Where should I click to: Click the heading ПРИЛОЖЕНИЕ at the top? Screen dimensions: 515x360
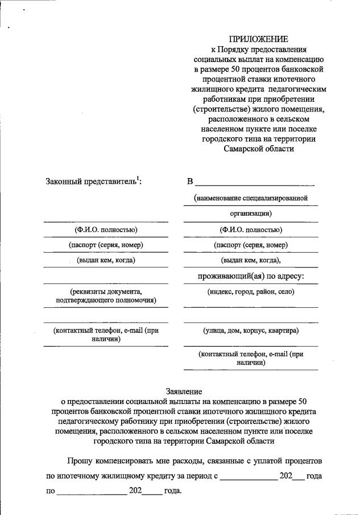click(258, 39)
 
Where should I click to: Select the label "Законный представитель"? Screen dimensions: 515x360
click(93, 182)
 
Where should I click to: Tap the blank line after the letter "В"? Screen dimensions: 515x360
click(254, 184)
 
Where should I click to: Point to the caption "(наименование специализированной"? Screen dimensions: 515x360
click(250, 198)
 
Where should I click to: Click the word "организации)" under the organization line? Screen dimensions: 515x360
click(251, 213)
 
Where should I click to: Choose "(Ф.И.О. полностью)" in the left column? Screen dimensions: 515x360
click(106, 230)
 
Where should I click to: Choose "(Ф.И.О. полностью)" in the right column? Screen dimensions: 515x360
click(251, 230)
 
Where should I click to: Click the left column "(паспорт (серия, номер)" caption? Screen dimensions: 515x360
click(106, 245)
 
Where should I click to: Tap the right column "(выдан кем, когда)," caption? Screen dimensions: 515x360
click(251, 260)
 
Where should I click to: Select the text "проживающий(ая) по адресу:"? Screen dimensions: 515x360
click(251, 276)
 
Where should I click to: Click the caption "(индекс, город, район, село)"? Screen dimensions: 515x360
click(251, 291)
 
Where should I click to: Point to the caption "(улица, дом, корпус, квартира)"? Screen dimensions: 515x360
click(251, 330)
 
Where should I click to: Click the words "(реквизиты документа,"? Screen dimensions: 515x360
click(106, 291)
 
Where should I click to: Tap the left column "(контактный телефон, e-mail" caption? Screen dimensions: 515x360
click(106, 330)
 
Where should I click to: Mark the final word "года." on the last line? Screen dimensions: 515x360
click(172, 491)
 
